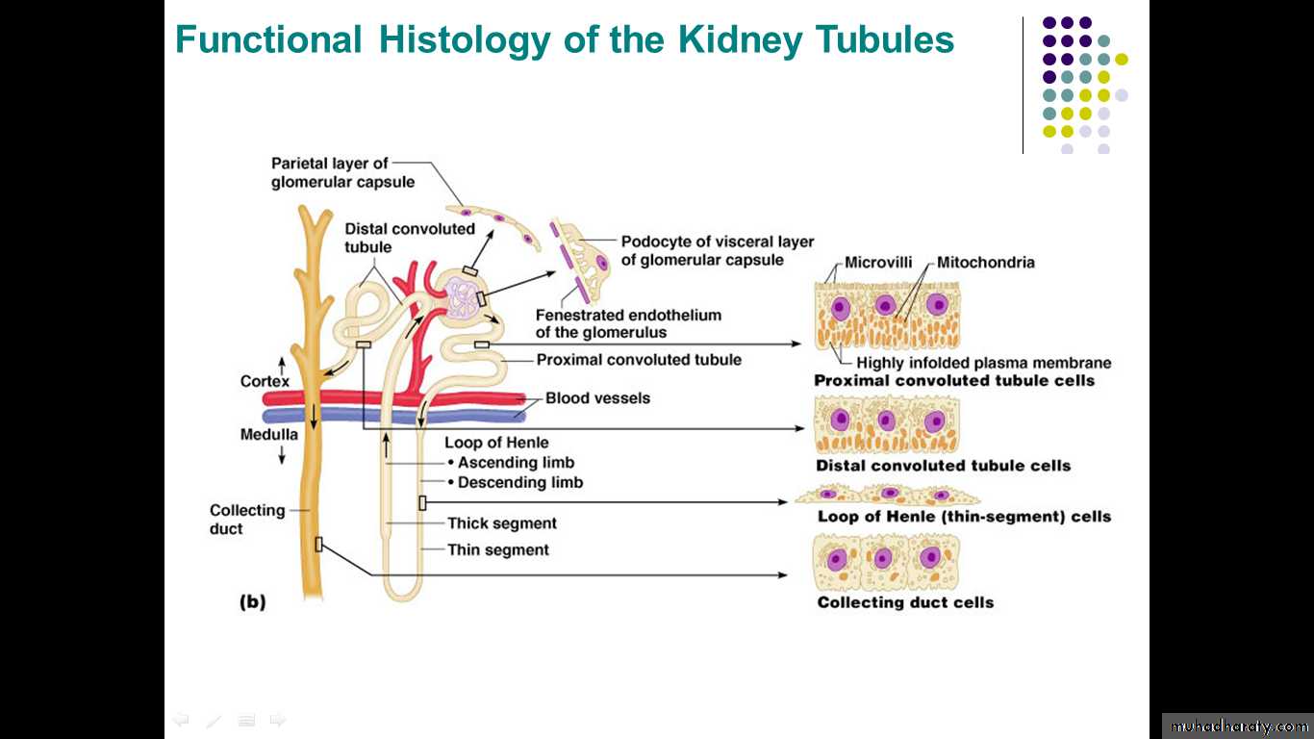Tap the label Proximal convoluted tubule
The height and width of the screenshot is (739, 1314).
pyautogui.click(x=639, y=360)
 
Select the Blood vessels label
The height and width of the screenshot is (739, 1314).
pyautogui.click(x=597, y=398)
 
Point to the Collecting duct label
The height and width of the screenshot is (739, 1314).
pyautogui.click(x=247, y=520)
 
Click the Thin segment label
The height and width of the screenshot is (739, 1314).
pyautogui.click(x=498, y=550)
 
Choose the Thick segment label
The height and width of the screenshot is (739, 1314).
pyautogui.click(x=502, y=523)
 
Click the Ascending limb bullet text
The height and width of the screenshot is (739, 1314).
pyautogui.click(x=516, y=463)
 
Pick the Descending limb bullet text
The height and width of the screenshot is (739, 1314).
pyautogui.click(x=519, y=482)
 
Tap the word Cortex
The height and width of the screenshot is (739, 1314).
pyautogui.click(x=265, y=382)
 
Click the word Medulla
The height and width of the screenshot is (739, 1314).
pyautogui.click(x=268, y=435)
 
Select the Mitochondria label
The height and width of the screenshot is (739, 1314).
pyautogui.click(x=986, y=262)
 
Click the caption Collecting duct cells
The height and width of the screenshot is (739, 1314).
pyautogui.click(x=905, y=602)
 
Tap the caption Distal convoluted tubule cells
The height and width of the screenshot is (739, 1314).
pyautogui.click(x=943, y=466)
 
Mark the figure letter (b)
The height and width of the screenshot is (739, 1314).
pyautogui.click(x=252, y=602)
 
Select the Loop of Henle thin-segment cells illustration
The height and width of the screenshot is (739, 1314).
pyautogui.click(x=887, y=495)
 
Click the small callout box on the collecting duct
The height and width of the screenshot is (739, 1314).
pyautogui.click(x=318, y=545)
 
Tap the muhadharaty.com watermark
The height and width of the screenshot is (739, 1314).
pyautogui.click(x=1237, y=726)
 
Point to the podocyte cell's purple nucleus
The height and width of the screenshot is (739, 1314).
pyautogui.click(x=602, y=263)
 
